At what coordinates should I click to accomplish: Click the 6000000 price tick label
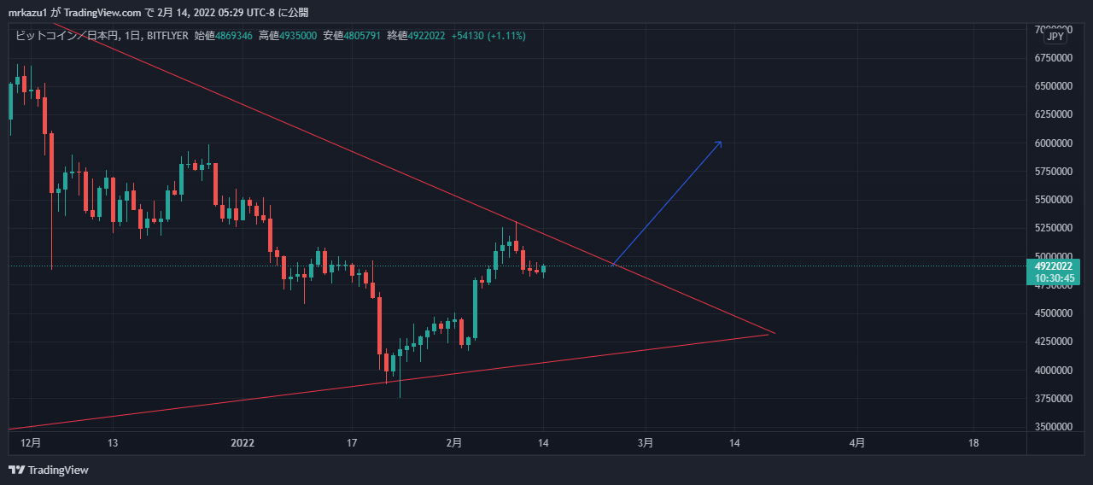[x=1053, y=143]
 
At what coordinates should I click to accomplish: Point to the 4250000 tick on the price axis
[x=1053, y=342]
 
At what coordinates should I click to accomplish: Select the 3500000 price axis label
[x=1053, y=427]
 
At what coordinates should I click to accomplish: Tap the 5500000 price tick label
[x=1053, y=200]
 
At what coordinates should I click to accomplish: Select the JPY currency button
[x=1055, y=37]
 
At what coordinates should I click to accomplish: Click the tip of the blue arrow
[x=722, y=141]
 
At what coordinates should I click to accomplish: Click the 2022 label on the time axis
[x=243, y=443]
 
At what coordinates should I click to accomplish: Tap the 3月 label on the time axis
[x=646, y=443]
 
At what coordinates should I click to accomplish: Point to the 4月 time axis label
[x=857, y=443]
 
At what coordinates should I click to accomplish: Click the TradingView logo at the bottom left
[x=49, y=470]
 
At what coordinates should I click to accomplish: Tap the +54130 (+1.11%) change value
[x=488, y=36]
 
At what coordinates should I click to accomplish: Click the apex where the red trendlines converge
[x=774, y=333]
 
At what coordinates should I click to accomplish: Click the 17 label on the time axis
[x=352, y=443]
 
